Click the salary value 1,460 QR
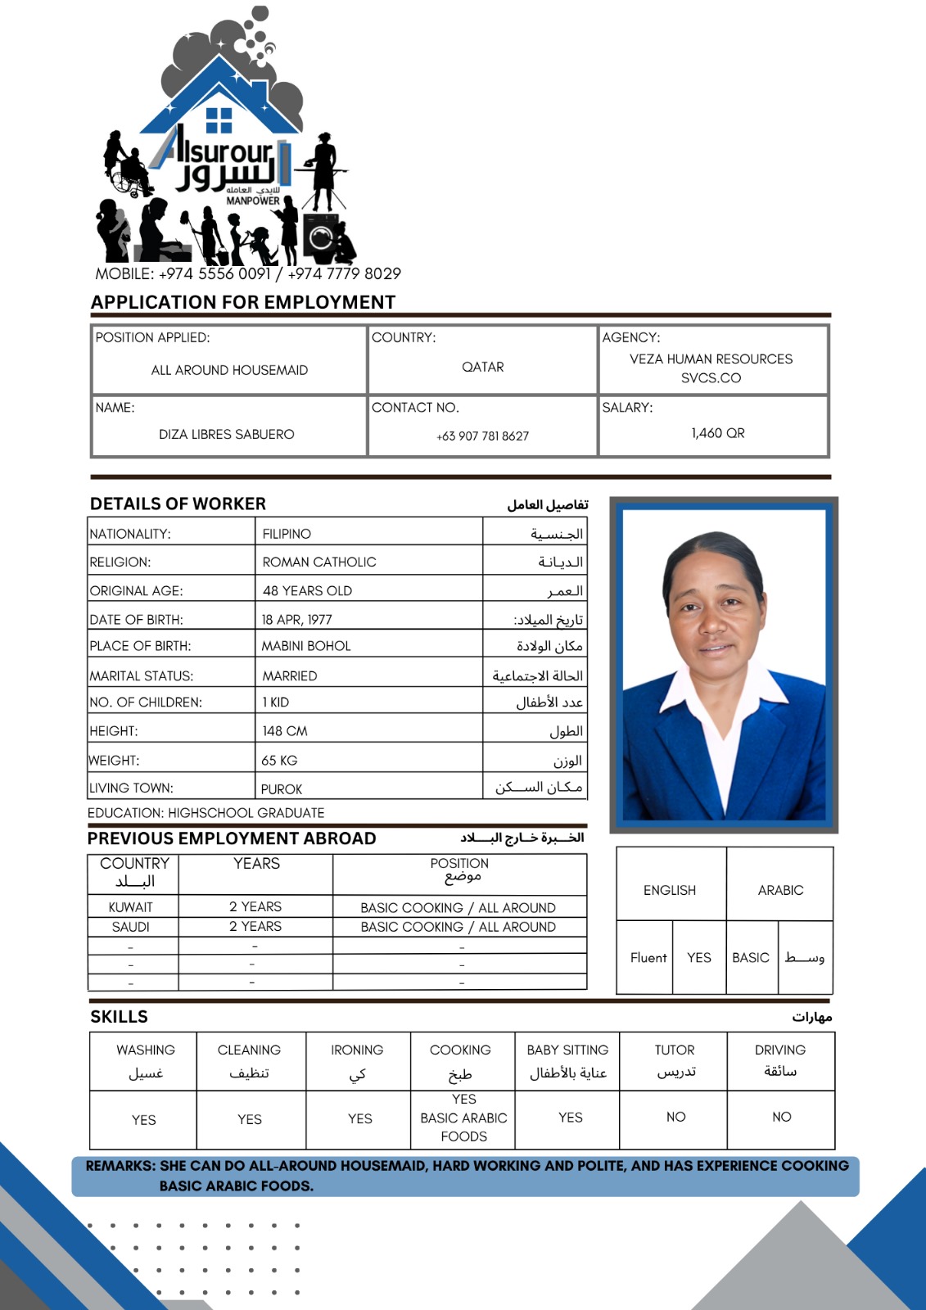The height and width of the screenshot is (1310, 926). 717,433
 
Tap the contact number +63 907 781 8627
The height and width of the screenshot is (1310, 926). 482,436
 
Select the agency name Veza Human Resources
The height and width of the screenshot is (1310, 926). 711,359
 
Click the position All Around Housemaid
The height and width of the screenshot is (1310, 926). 229,370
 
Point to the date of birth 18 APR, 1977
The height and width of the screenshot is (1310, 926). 296,620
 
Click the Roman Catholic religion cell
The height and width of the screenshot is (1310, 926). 319,562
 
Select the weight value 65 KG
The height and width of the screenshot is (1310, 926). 279,761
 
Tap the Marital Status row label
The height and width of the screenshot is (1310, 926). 142,676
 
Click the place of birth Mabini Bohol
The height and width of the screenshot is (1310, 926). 306,646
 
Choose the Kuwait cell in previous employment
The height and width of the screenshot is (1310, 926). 131,907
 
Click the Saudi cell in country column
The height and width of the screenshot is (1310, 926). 131,927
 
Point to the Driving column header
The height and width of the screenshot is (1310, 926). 780,1050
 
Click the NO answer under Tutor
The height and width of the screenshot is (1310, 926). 675,1117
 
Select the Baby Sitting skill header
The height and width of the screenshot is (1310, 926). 567,1050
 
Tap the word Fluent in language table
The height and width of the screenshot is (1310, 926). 648,957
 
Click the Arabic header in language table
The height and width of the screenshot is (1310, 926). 780,890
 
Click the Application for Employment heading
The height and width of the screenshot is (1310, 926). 243,302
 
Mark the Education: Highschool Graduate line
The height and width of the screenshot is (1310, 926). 206,813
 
